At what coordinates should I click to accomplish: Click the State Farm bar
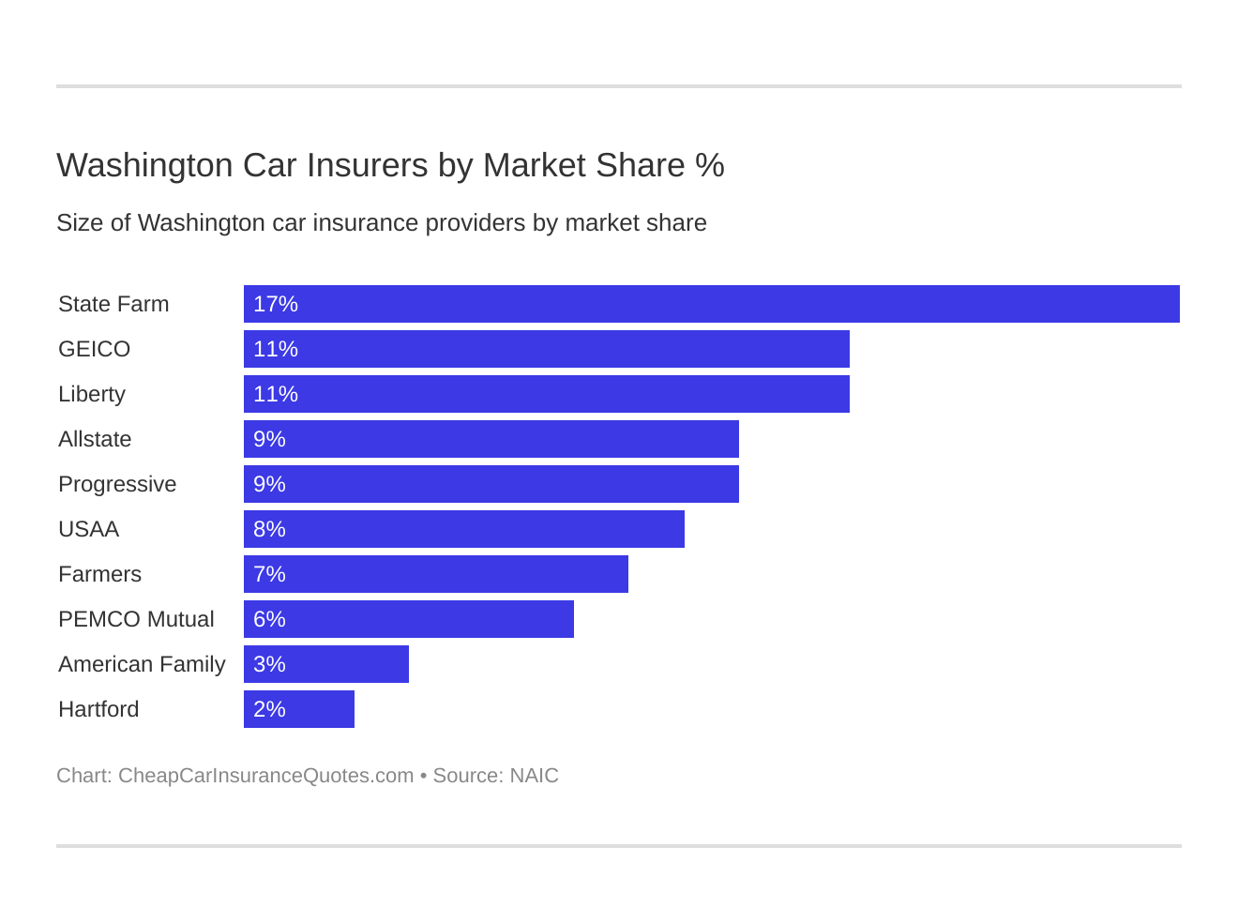coord(711,304)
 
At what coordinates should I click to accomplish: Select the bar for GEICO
coord(546,349)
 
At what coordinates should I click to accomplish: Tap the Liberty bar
coord(546,394)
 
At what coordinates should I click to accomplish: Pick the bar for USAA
coord(463,529)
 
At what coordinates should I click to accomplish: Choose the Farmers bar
coord(435,574)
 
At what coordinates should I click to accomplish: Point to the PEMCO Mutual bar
coord(408,619)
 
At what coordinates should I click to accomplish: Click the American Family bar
coord(325,664)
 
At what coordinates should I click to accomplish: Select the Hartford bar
coord(298,709)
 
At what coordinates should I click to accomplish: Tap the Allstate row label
coord(95,439)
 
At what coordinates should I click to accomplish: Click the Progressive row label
coord(117,484)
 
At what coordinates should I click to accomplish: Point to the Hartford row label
coord(98,709)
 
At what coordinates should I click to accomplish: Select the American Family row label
coord(142,664)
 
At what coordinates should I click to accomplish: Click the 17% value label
coord(276,304)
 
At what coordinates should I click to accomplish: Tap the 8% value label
coord(269,529)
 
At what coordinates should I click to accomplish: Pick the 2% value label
coord(269,709)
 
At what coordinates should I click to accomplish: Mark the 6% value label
coord(269,619)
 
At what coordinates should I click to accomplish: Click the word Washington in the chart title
coord(144,165)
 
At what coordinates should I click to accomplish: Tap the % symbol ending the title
coord(710,165)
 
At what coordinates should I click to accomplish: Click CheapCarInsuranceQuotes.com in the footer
coord(265,776)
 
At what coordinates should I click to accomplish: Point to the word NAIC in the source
coord(534,776)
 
